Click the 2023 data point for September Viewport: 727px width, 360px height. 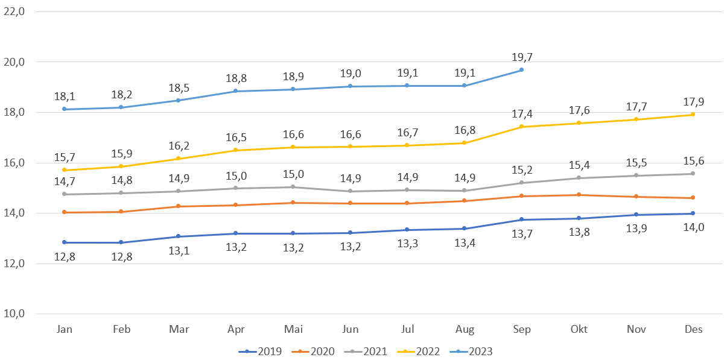point(521,70)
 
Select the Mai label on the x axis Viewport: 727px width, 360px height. point(293,329)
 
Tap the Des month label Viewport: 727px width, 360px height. point(693,329)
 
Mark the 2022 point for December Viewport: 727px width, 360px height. point(693,115)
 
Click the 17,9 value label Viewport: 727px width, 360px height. point(693,102)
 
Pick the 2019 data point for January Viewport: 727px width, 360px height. point(65,242)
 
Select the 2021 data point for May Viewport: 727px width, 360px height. point(293,187)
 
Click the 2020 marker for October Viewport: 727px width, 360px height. point(579,195)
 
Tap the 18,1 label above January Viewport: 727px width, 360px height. point(65,96)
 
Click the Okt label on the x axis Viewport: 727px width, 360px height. point(579,329)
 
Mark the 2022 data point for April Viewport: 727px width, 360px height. point(236,150)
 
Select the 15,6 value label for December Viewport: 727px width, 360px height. point(693,161)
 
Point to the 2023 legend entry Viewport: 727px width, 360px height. point(472,351)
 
